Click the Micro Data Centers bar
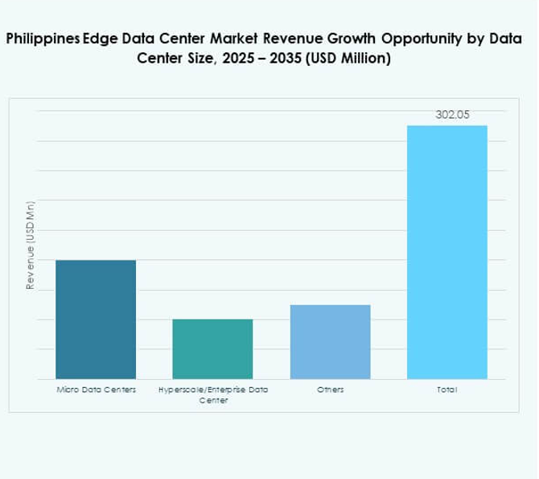tap(96, 319)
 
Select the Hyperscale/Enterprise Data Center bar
tap(212, 349)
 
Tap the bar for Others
tap(330, 341)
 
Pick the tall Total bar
tap(446, 252)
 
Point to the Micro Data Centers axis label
tap(96, 390)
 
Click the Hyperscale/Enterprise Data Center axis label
tap(212, 394)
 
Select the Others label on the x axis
tap(330, 390)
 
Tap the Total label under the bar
tap(446, 390)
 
